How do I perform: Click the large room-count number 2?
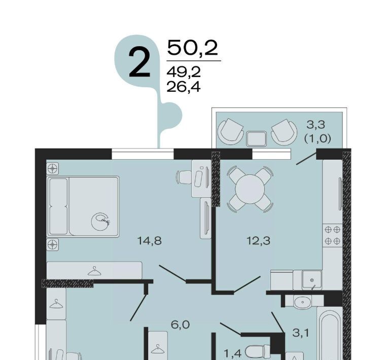pyautogui.click(x=139, y=63)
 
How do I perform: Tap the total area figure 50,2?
pyautogui.click(x=193, y=48)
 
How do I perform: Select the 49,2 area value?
pyautogui.click(x=184, y=73)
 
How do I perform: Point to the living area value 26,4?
pyautogui.click(x=184, y=87)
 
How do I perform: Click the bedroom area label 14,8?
pyautogui.click(x=150, y=241)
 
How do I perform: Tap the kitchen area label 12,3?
pyautogui.click(x=259, y=241)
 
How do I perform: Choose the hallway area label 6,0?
pyautogui.click(x=180, y=325)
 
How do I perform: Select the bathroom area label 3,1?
pyautogui.click(x=301, y=333)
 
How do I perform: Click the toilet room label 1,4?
pyautogui.click(x=233, y=353)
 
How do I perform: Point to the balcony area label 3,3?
pyautogui.click(x=316, y=125)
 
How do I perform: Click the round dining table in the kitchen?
pyautogui.click(x=250, y=189)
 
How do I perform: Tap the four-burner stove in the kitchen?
pyautogui.click(x=333, y=235)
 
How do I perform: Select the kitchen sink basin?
pyautogui.click(x=312, y=279)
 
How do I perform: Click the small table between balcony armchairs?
pyautogui.click(x=257, y=138)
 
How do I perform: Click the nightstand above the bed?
pyautogui.click(x=52, y=168)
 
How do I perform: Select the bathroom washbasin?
pyautogui.click(x=302, y=301)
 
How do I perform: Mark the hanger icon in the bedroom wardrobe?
pyautogui.click(x=94, y=271)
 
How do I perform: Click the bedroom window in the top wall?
pyautogui.click(x=143, y=154)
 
